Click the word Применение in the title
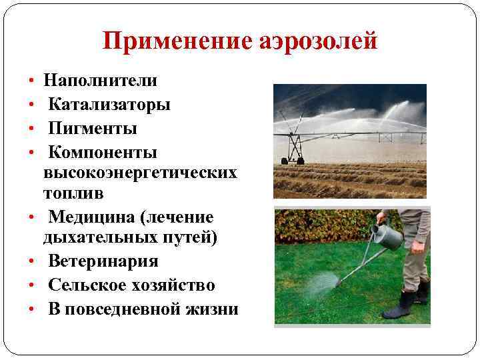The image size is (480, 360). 175,42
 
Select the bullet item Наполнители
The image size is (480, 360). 100,81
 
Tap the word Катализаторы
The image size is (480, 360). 109,105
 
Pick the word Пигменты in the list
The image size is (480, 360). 93,127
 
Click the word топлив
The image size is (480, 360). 70,193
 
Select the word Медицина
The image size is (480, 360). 91,217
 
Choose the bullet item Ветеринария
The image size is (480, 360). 103,262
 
